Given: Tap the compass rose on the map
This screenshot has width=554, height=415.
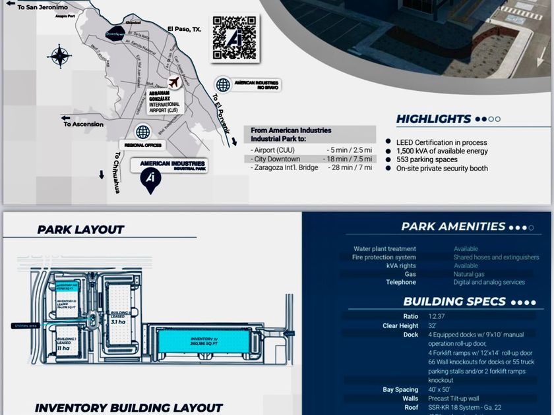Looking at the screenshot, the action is (59, 57).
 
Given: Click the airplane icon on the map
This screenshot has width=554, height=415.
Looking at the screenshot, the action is (174, 82).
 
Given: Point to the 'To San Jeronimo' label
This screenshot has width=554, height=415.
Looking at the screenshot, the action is (40, 7).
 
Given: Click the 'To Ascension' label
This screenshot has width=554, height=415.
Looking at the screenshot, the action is (83, 124).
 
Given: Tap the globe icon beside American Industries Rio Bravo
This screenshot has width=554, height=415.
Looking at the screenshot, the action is (223, 85).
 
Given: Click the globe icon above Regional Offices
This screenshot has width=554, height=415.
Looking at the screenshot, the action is (143, 132).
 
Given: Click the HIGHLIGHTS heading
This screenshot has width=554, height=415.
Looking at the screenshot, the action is (433, 119).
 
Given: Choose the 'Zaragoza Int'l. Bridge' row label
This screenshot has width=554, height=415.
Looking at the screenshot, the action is (285, 168).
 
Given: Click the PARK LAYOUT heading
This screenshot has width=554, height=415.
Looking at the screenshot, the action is (80, 230).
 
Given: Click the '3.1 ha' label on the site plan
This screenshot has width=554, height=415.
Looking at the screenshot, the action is (118, 322).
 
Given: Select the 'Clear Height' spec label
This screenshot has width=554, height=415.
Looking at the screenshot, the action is (400, 326).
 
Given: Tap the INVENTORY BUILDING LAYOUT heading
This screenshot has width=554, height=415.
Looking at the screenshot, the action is (129, 408).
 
